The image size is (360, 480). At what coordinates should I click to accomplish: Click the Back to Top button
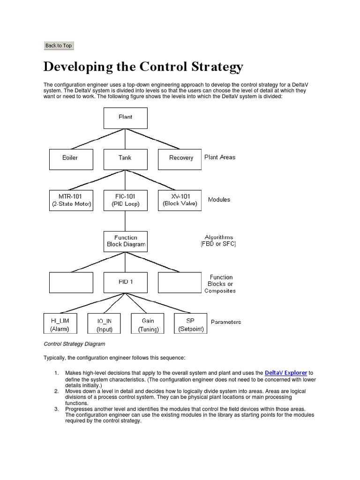(x=58, y=45)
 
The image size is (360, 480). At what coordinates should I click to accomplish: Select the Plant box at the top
(x=125, y=118)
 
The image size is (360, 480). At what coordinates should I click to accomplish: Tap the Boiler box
(x=71, y=159)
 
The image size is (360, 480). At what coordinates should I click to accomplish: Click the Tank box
(x=125, y=159)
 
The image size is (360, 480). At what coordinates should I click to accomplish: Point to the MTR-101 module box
(x=71, y=200)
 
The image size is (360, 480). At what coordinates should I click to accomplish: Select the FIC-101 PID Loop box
(x=125, y=200)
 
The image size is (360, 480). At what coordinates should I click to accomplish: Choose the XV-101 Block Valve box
(x=180, y=200)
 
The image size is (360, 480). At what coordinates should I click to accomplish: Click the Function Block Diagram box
(x=125, y=241)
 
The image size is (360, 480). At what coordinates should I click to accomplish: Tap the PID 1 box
(x=125, y=282)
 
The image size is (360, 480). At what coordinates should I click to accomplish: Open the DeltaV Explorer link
(x=285, y=373)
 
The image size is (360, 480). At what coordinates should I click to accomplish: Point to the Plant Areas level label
(x=220, y=157)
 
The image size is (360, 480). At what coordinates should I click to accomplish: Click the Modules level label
(x=219, y=200)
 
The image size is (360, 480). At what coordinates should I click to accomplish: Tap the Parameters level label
(x=226, y=322)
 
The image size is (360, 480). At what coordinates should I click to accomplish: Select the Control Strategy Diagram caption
(x=75, y=344)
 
